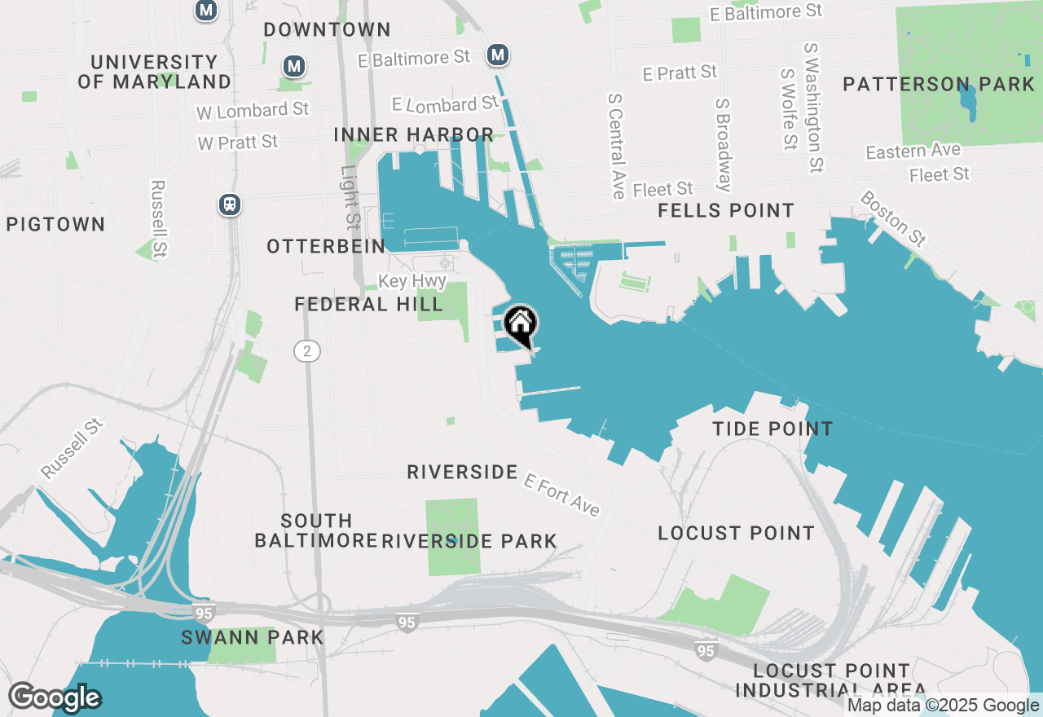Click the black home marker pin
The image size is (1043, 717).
[520, 323]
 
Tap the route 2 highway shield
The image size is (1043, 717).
[307, 351]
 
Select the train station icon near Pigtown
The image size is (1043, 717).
[230, 205]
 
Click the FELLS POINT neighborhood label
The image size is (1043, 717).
[726, 210]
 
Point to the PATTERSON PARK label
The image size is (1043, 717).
[939, 84]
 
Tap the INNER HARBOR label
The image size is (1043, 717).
[414, 134]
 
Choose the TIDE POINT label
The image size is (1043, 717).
[772, 429]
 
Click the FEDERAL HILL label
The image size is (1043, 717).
[368, 305]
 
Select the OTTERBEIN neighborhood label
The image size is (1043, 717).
[325, 246]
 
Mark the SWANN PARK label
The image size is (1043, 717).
[253, 637]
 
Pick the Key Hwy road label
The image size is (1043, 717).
[412, 281]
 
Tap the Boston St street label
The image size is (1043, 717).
[893, 218]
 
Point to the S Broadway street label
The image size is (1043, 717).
[724, 145]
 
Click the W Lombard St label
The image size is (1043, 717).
[253, 110]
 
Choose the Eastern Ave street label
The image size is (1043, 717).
[913, 152]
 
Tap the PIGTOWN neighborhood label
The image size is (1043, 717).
[55, 224]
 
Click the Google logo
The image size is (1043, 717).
[55, 697]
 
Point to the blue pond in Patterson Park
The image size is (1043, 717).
[968, 103]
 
